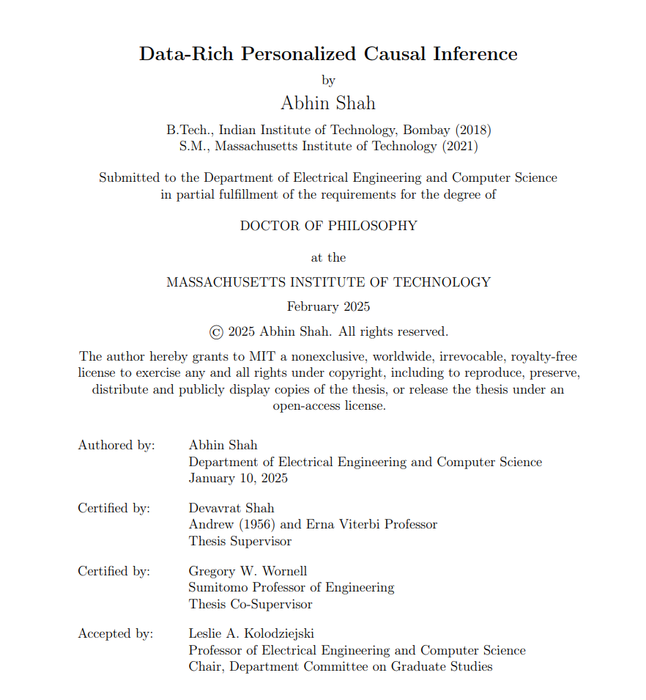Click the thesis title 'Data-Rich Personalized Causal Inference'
(328, 54)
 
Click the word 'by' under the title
(328, 80)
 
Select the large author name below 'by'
(328, 103)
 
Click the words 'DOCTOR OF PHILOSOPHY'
(328, 226)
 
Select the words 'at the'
(328, 258)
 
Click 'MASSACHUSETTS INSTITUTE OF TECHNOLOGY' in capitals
(328, 282)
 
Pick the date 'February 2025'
(328, 307)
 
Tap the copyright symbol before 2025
(216, 332)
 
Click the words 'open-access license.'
(329, 405)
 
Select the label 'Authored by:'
(116, 446)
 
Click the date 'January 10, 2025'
(238, 478)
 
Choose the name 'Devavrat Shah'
(231, 508)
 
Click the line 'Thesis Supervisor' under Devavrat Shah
(240, 542)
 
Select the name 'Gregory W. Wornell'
(248, 571)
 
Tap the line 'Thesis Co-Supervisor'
(250, 605)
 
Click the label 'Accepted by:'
(116, 634)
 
